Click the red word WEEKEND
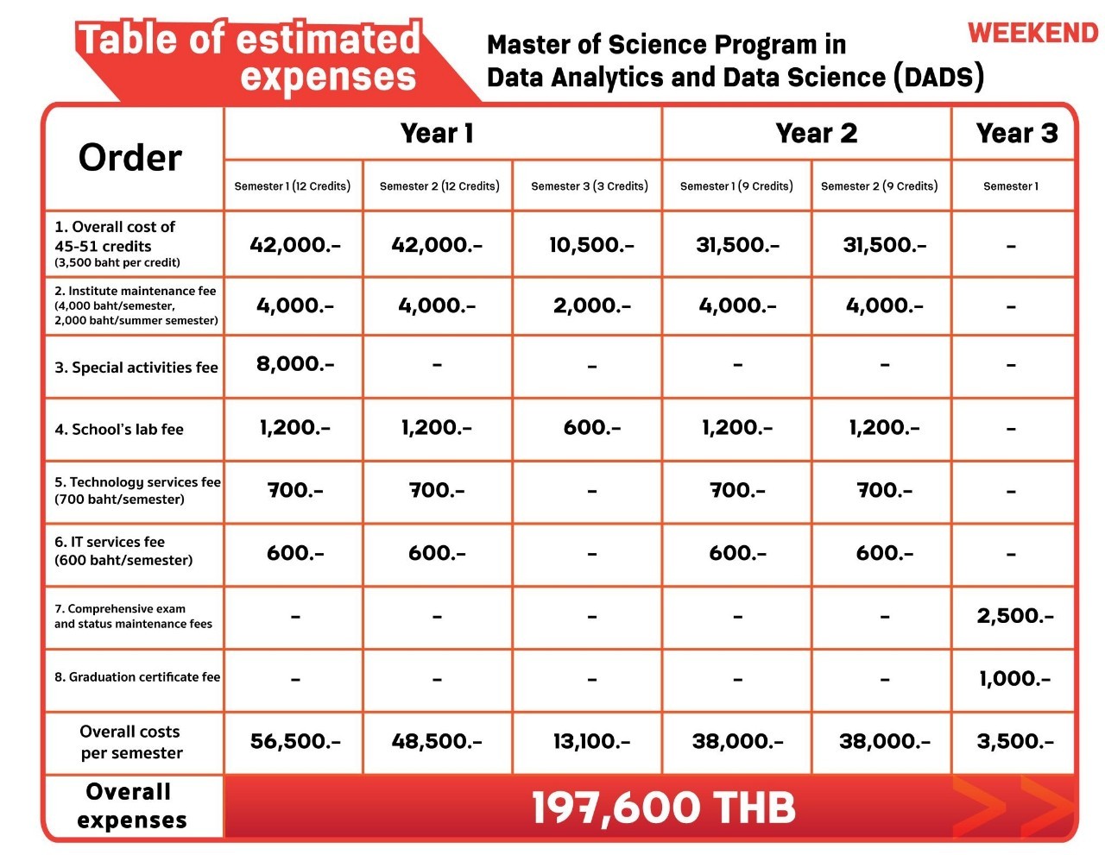tap(1032, 33)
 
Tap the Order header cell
tap(130, 157)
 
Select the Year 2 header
tap(816, 134)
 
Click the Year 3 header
tap(1016, 134)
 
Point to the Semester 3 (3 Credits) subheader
tap(589, 186)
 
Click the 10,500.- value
tap(591, 245)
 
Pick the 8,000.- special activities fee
tap(294, 364)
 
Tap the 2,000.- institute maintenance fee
tap(591, 305)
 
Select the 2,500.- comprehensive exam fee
tap(1015, 616)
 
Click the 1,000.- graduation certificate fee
tap(1014, 679)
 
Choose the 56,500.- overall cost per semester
tap(295, 741)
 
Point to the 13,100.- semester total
tap(591, 741)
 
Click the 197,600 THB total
tap(662, 808)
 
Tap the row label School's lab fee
tap(119, 430)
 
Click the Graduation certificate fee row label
tap(137, 677)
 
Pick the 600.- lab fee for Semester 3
tap(591, 427)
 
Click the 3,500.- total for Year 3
tap(1015, 741)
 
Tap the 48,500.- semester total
tap(437, 741)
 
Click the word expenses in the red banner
tap(328, 78)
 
